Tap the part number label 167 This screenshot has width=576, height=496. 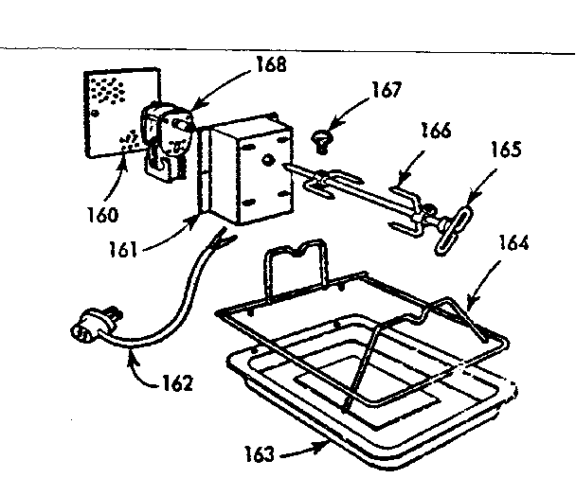(387, 91)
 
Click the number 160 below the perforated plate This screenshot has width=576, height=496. (99, 214)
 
